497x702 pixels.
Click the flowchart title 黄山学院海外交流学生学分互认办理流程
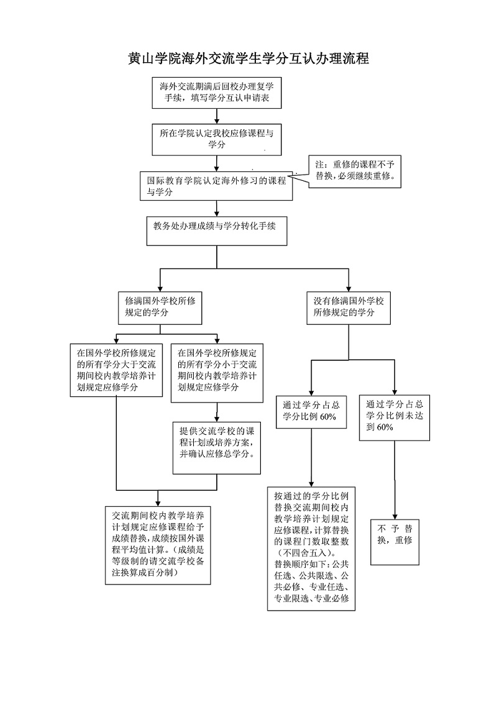[248, 59]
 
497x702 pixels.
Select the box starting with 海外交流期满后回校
[216, 91]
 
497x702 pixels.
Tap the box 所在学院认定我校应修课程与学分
[216, 139]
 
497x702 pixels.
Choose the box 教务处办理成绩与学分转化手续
[216, 231]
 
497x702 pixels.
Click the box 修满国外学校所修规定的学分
[160, 308]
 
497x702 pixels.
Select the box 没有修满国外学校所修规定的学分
[349, 308]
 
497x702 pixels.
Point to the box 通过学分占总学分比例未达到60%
[395, 415]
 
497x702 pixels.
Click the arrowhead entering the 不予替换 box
[395, 514]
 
